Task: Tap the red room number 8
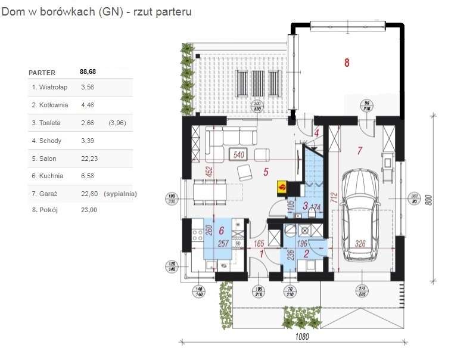pos(347,61)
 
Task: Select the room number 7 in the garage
pos(360,150)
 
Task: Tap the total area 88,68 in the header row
pos(88,72)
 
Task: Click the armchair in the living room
pos(245,173)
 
